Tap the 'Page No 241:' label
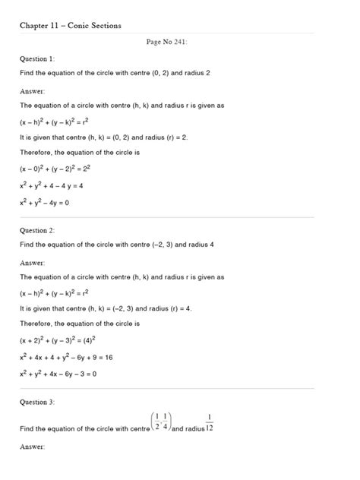pos(166,42)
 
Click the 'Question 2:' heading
pos(37,229)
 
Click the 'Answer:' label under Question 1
pos(33,90)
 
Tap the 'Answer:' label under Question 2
pos(33,261)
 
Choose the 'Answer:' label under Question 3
pos(33,447)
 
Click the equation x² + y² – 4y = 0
pos(55,203)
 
